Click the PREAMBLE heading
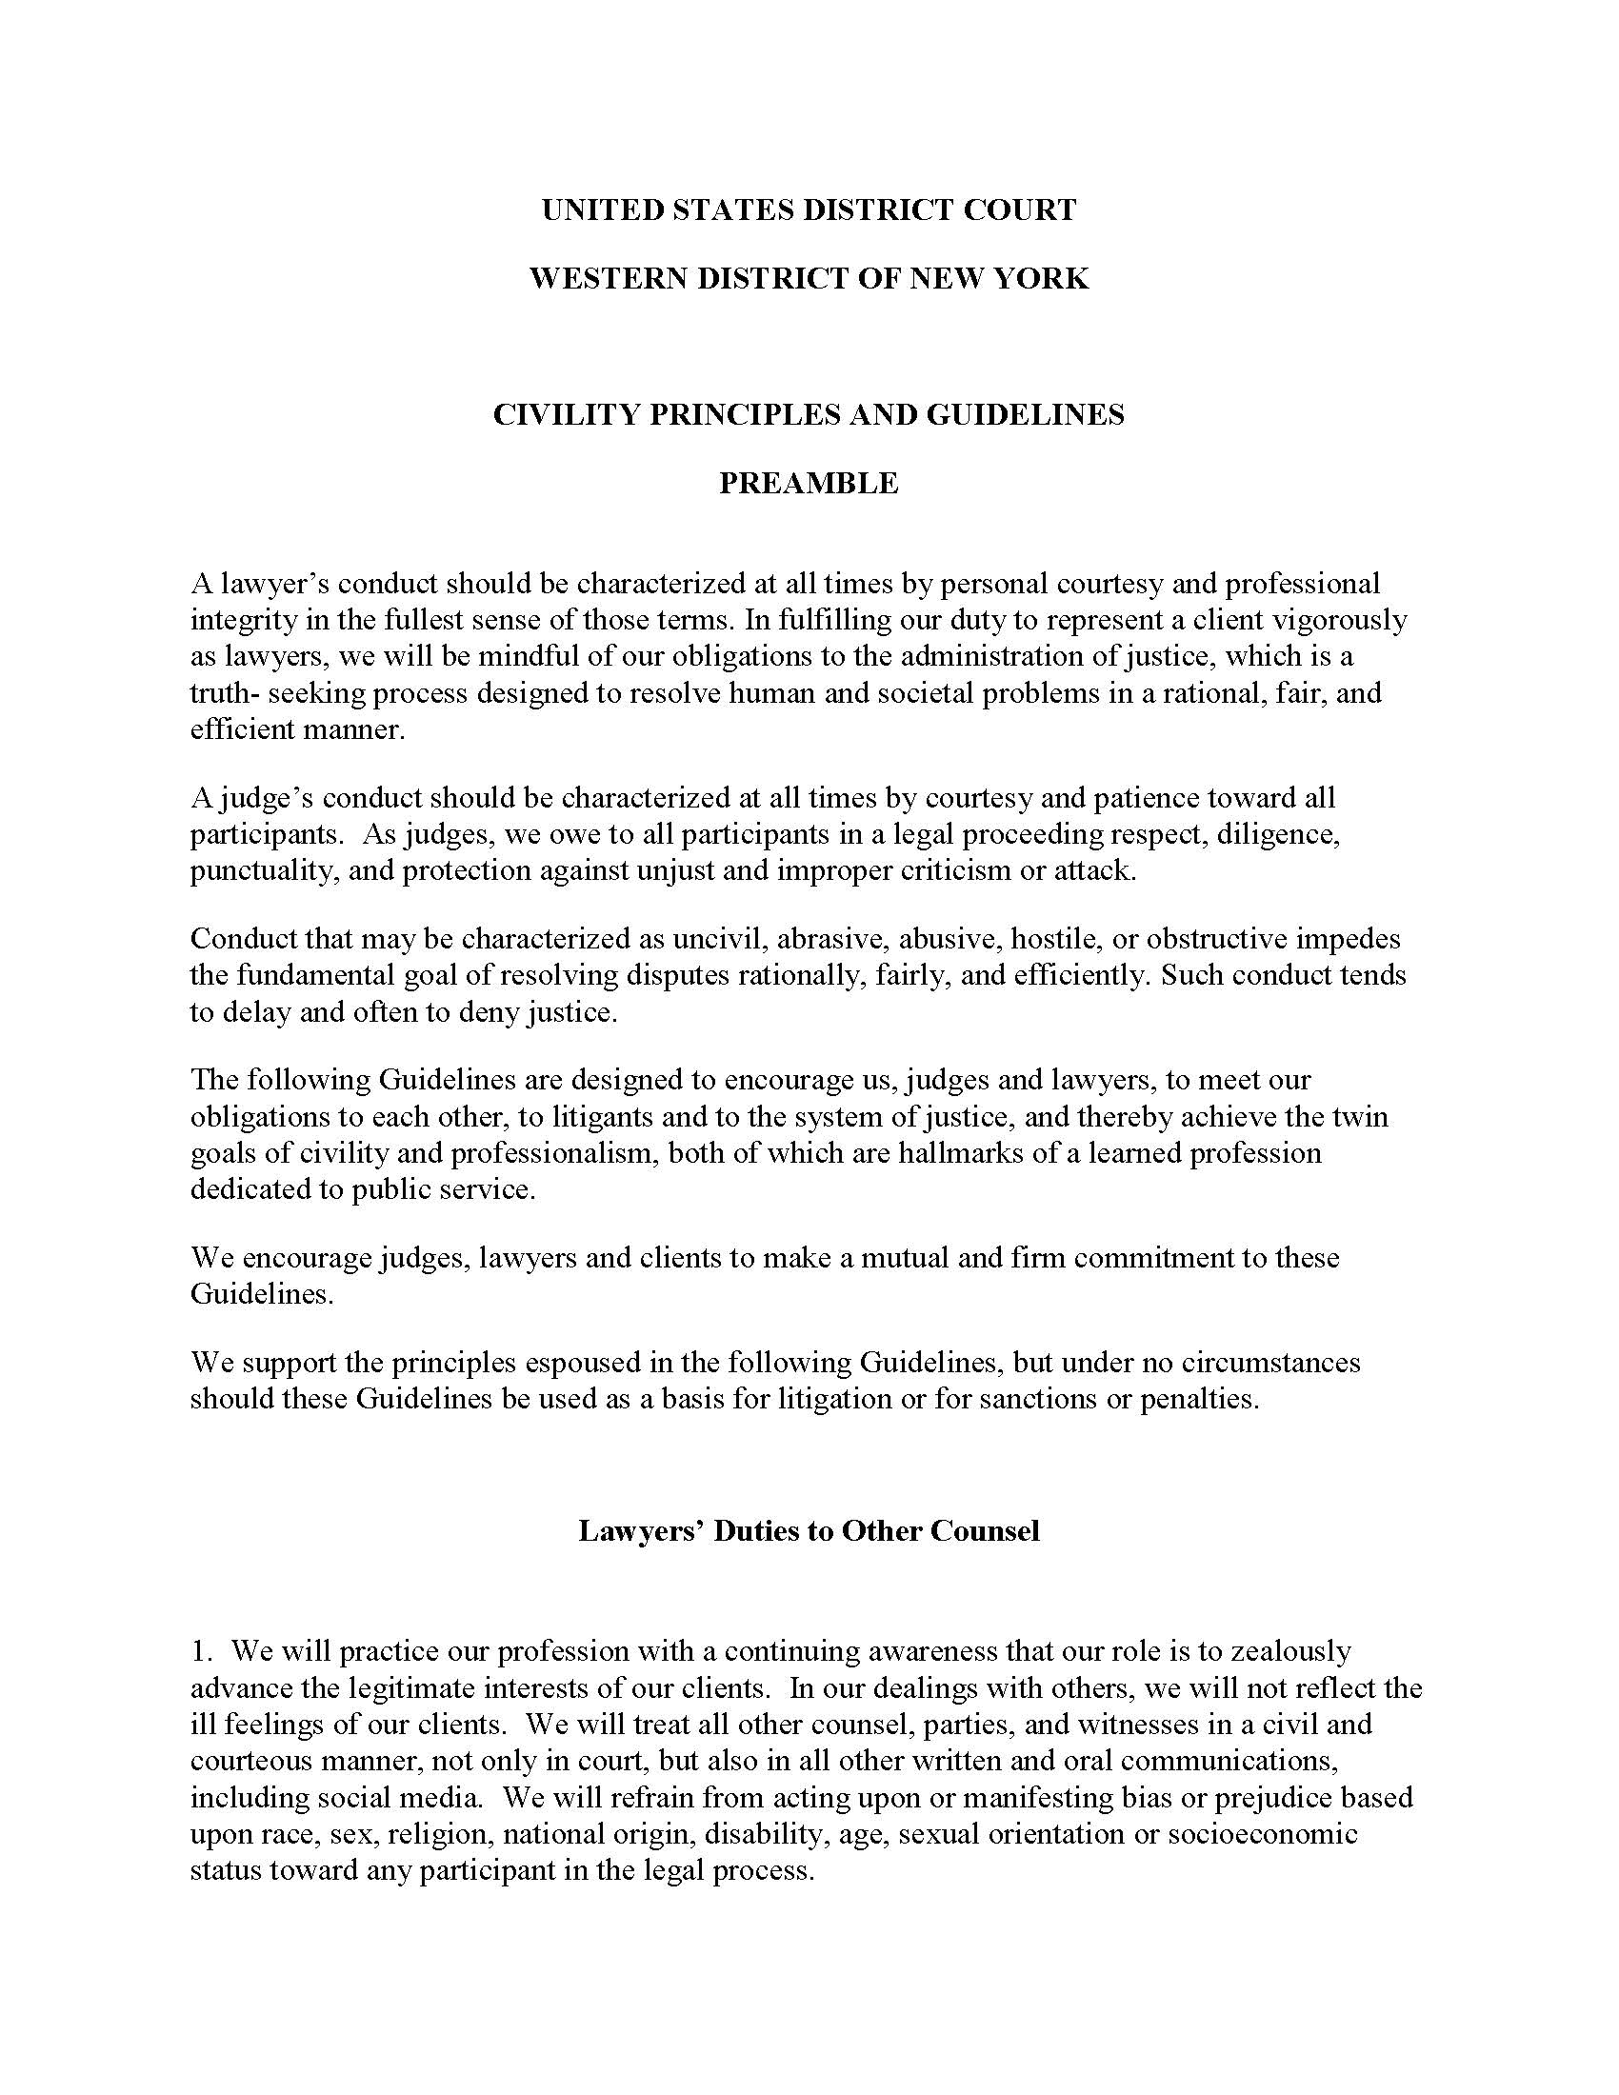coord(809,483)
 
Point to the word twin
coord(1365,1117)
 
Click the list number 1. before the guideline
coord(200,1652)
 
